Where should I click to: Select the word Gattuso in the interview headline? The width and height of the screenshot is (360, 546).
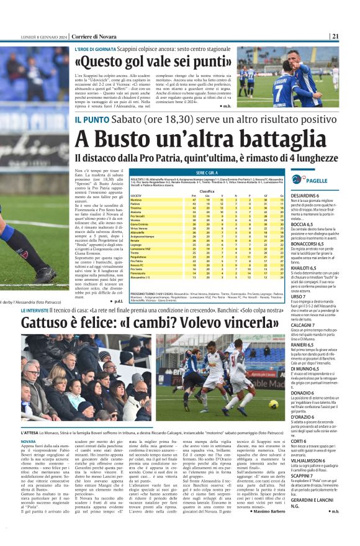click(x=48, y=322)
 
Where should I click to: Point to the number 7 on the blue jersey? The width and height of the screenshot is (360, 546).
click(x=293, y=84)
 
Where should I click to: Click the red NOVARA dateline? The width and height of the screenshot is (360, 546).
click(x=29, y=442)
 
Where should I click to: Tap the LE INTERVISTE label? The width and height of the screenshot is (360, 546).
click(x=40, y=309)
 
